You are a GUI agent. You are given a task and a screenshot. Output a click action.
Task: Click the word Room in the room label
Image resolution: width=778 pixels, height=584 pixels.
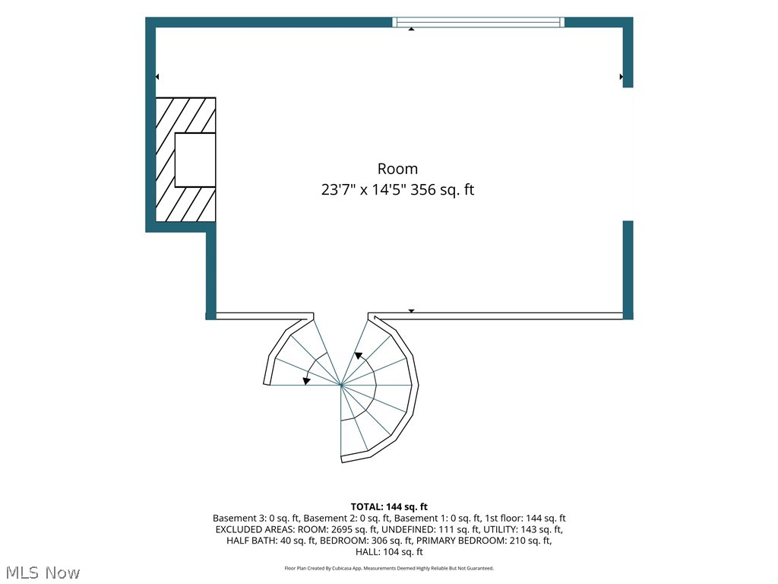397,169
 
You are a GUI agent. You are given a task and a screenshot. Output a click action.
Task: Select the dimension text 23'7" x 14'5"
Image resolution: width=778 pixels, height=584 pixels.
364,189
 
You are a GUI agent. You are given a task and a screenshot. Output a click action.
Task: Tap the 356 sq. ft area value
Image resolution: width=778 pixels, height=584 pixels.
442,189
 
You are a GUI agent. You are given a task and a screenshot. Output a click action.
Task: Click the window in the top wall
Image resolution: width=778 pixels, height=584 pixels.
479,22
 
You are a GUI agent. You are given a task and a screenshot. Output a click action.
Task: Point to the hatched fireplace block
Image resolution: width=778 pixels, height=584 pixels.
185,160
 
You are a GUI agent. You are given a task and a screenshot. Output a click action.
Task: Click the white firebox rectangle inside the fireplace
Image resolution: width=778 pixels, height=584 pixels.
195,160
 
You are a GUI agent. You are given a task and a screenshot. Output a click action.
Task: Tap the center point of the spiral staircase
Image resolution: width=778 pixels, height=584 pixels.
341,385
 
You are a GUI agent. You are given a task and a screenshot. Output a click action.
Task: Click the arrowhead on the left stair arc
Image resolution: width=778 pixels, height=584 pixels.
307,381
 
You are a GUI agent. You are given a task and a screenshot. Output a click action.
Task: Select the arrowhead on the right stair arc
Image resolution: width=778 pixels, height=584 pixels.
358,356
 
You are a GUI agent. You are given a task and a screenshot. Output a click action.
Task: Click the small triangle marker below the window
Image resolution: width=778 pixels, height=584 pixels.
411,30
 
